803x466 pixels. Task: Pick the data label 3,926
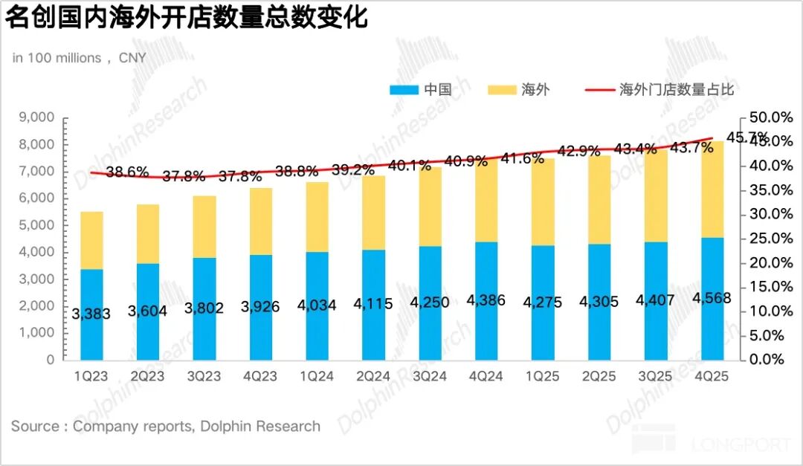click(260, 306)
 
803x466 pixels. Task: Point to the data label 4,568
click(712, 298)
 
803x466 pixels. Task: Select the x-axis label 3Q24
click(430, 377)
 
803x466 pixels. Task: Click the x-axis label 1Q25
click(543, 377)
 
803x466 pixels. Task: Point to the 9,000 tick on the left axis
click(36, 117)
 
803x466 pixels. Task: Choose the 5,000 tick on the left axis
click(36, 225)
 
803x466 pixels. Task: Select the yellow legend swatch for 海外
click(501, 90)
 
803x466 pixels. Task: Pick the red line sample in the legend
click(599, 90)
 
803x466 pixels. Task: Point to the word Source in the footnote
click(35, 427)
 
